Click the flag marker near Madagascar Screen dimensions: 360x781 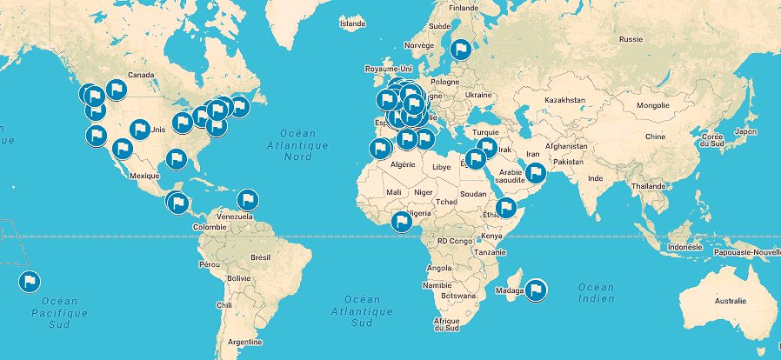(x=536, y=290)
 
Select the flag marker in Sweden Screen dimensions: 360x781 (x=461, y=50)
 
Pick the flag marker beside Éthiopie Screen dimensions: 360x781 (x=506, y=208)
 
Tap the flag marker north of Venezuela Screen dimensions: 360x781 (x=249, y=199)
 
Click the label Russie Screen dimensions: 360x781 (x=630, y=39)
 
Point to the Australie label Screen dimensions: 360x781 (x=729, y=301)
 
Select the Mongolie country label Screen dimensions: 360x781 (x=653, y=105)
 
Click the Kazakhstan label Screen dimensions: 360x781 (x=566, y=101)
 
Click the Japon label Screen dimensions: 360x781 (x=745, y=131)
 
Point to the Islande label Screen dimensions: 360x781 (x=352, y=24)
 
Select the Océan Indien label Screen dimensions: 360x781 (x=597, y=293)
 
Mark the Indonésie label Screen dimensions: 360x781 (x=684, y=247)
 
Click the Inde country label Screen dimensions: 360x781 (x=596, y=178)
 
